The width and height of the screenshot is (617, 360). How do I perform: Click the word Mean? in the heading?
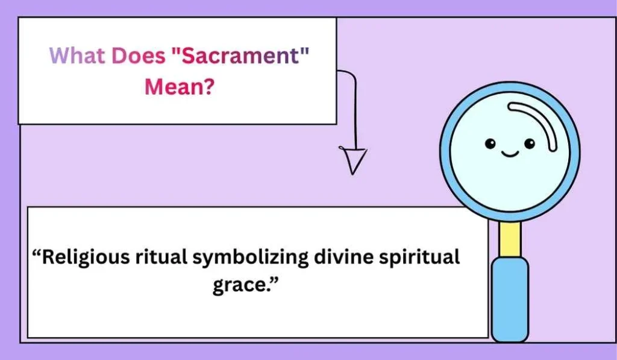[179, 87]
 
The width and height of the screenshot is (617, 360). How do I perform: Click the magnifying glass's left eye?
[490, 144]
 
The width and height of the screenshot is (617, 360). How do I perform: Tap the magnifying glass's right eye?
[529, 144]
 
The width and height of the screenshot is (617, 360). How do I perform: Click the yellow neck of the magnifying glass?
[510, 238]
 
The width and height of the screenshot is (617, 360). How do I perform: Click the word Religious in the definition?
[85, 258]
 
